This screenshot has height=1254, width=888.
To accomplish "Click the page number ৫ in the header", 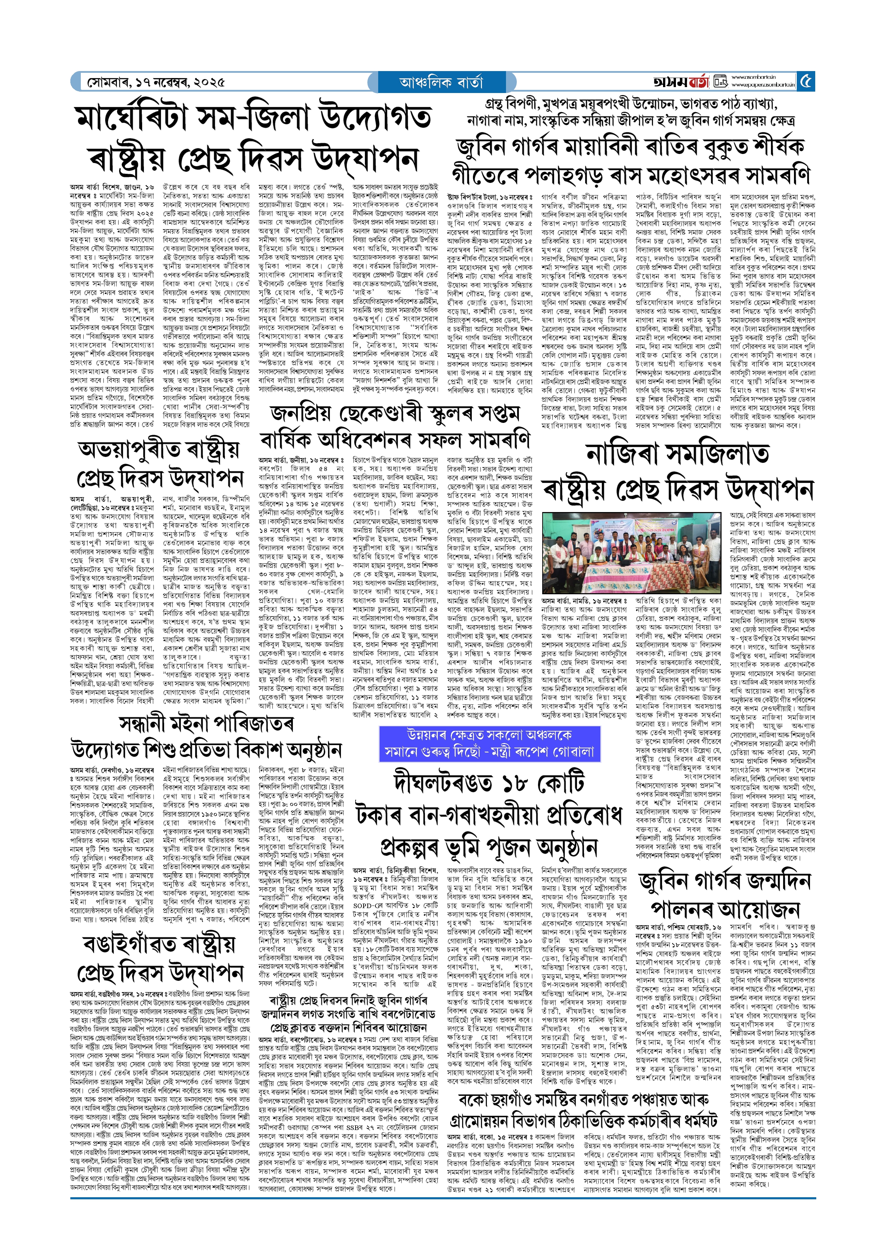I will tap(806, 82).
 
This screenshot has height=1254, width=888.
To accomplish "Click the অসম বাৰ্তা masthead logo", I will tap(681, 82).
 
